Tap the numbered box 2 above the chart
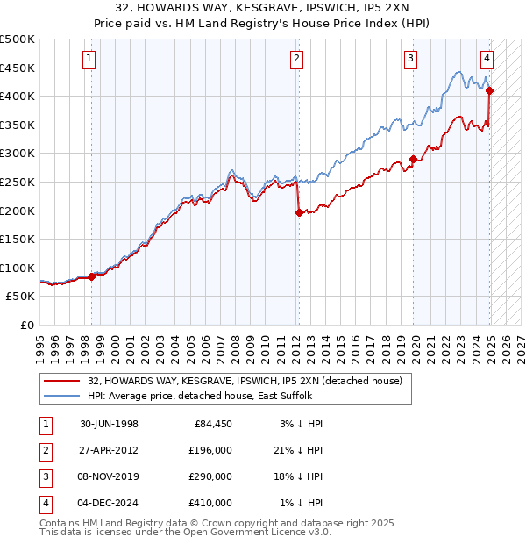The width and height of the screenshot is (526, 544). (298, 59)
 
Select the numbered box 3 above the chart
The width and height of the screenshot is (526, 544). (411, 59)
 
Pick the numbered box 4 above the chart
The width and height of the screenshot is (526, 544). (487, 59)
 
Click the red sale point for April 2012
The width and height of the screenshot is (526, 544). (299, 211)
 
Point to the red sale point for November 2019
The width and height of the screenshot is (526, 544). (413, 160)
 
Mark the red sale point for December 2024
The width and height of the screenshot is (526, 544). (489, 90)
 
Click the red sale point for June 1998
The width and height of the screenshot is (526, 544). (92, 276)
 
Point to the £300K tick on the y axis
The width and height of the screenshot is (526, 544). (19, 154)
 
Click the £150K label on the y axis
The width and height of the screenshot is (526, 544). (19, 239)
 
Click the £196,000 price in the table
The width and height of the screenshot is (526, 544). (211, 450)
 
